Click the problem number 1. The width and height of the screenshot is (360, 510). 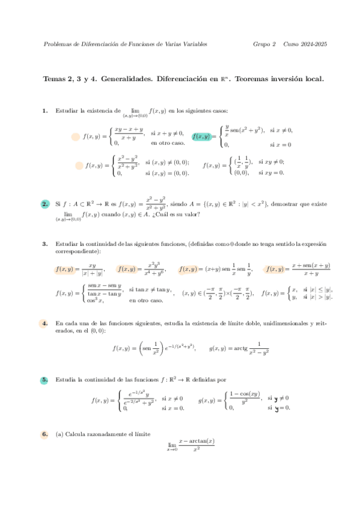(45, 111)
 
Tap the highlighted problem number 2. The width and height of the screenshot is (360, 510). (45, 204)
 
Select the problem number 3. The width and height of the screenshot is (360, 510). (45, 244)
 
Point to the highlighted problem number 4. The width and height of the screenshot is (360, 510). (45, 324)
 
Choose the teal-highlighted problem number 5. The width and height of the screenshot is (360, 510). (45, 380)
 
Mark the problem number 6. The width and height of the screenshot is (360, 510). (45, 434)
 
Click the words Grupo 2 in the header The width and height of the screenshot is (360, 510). (264, 44)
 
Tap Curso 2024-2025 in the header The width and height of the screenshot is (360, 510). (305, 44)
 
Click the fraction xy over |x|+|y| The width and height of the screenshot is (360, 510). (92, 269)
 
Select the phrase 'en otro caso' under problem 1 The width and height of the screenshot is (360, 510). (168, 143)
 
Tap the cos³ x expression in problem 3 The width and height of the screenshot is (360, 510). (96, 301)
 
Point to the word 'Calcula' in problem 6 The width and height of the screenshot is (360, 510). (75, 434)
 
